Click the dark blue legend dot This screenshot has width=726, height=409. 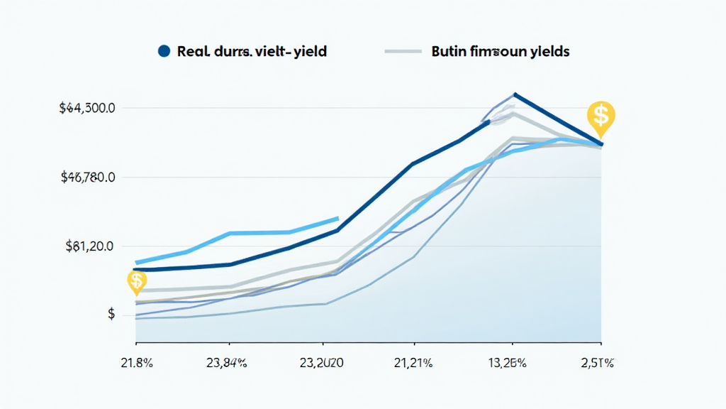164,52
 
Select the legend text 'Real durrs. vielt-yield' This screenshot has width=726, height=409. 252,52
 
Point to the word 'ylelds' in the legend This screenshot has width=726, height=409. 547,52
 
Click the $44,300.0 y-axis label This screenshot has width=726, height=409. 88,109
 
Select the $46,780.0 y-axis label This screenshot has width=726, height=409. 88,178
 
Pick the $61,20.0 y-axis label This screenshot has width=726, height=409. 90,246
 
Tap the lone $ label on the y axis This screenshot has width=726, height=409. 111,314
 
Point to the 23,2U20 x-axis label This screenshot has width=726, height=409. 322,364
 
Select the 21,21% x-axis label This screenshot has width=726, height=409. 413,364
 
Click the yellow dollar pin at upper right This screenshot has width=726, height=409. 601,116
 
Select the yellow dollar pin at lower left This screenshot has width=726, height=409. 136,281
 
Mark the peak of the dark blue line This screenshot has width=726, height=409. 515,94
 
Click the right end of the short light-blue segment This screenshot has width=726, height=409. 338,219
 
